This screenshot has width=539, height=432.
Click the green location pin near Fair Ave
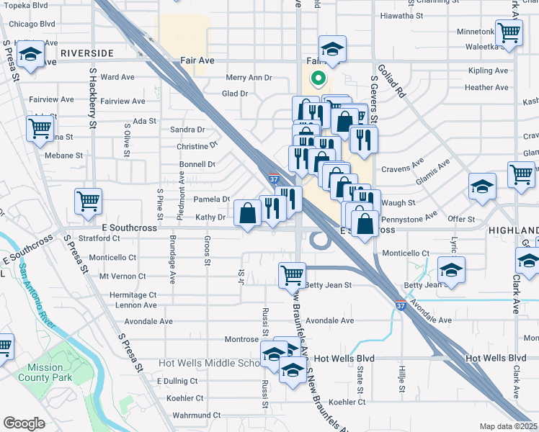(316, 78)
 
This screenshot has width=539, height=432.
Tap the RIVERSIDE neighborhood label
(87, 53)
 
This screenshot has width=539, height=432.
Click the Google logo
(23, 423)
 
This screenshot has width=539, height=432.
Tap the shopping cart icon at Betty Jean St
(292, 274)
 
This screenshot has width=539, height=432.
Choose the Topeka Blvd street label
(28, 4)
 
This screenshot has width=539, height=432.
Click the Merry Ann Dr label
(248, 78)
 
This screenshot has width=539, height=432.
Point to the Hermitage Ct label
(133, 295)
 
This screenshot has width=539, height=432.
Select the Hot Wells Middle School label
(209, 363)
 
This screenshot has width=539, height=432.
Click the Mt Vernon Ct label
(122, 276)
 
